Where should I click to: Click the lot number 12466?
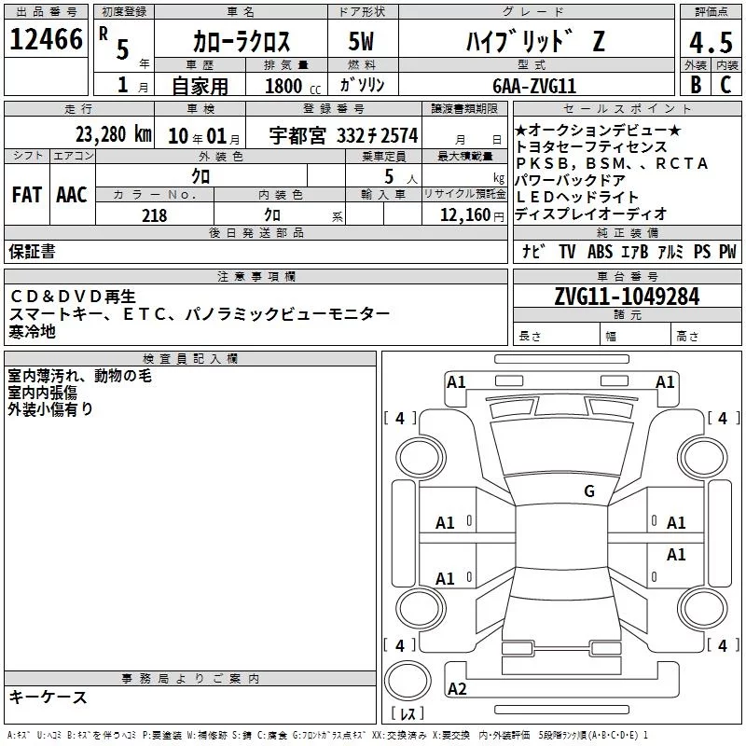click(46, 39)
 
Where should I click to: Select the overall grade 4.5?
click(711, 43)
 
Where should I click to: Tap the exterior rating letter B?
click(696, 85)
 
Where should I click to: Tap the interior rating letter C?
click(725, 85)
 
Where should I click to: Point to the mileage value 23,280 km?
click(113, 134)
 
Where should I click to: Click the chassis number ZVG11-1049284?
click(627, 297)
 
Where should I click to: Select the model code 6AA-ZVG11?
click(534, 86)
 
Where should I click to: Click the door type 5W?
click(361, 41)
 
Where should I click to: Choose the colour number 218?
click(155, 215)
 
